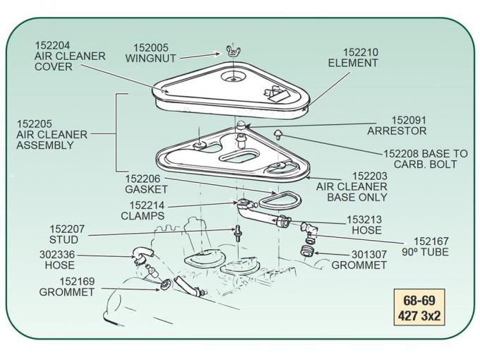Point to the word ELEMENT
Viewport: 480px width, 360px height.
click(353, 63)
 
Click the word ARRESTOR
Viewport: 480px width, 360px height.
click(397, 131)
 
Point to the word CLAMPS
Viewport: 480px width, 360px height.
click(143, 216)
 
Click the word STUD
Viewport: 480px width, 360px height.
click(64, 240)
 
